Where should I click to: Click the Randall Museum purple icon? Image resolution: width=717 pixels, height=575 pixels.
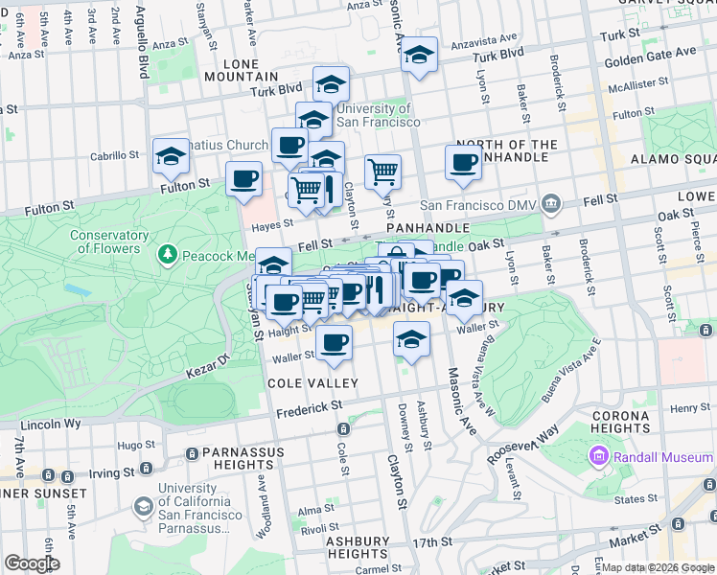click(x=601, y=456)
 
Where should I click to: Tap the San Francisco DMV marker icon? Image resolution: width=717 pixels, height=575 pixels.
click(x=550, y=203)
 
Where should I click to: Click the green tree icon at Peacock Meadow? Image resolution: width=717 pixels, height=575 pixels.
click(x=169, y=255)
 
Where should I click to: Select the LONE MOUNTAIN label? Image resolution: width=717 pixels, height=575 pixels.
click(x=244, y=69)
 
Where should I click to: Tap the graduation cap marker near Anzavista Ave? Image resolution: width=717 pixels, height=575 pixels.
click(x=419, y=57)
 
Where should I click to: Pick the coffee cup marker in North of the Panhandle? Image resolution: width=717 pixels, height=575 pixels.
click(x=463, y=163)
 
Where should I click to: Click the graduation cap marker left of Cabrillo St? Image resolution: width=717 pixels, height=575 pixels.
click(x=171, y=156)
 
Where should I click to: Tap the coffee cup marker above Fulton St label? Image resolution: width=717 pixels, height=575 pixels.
click(x=243, y=178)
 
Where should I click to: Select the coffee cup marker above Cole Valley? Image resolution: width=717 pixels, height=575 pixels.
click(x=333, y=343)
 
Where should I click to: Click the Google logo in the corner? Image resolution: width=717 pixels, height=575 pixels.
click(x=32, y=563)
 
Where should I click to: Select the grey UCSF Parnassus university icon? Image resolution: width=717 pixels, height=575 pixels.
click(x=144, y=506)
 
